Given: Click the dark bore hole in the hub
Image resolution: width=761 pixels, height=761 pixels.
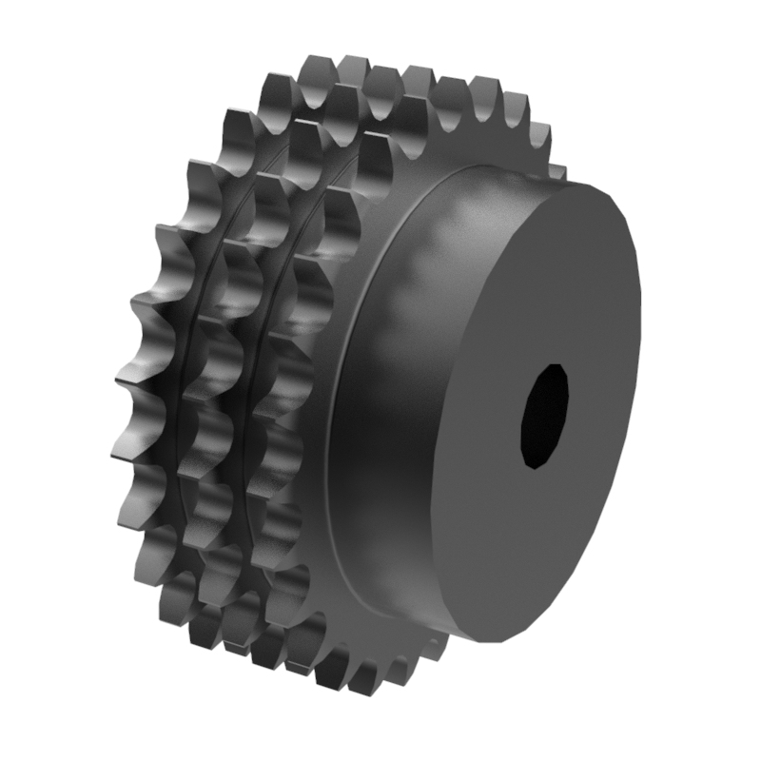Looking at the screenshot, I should coord(545,416).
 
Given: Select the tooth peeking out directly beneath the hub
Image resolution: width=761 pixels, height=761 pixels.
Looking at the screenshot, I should coord(433,656).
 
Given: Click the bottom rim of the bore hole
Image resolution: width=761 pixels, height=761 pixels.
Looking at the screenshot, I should coord(538,466).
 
